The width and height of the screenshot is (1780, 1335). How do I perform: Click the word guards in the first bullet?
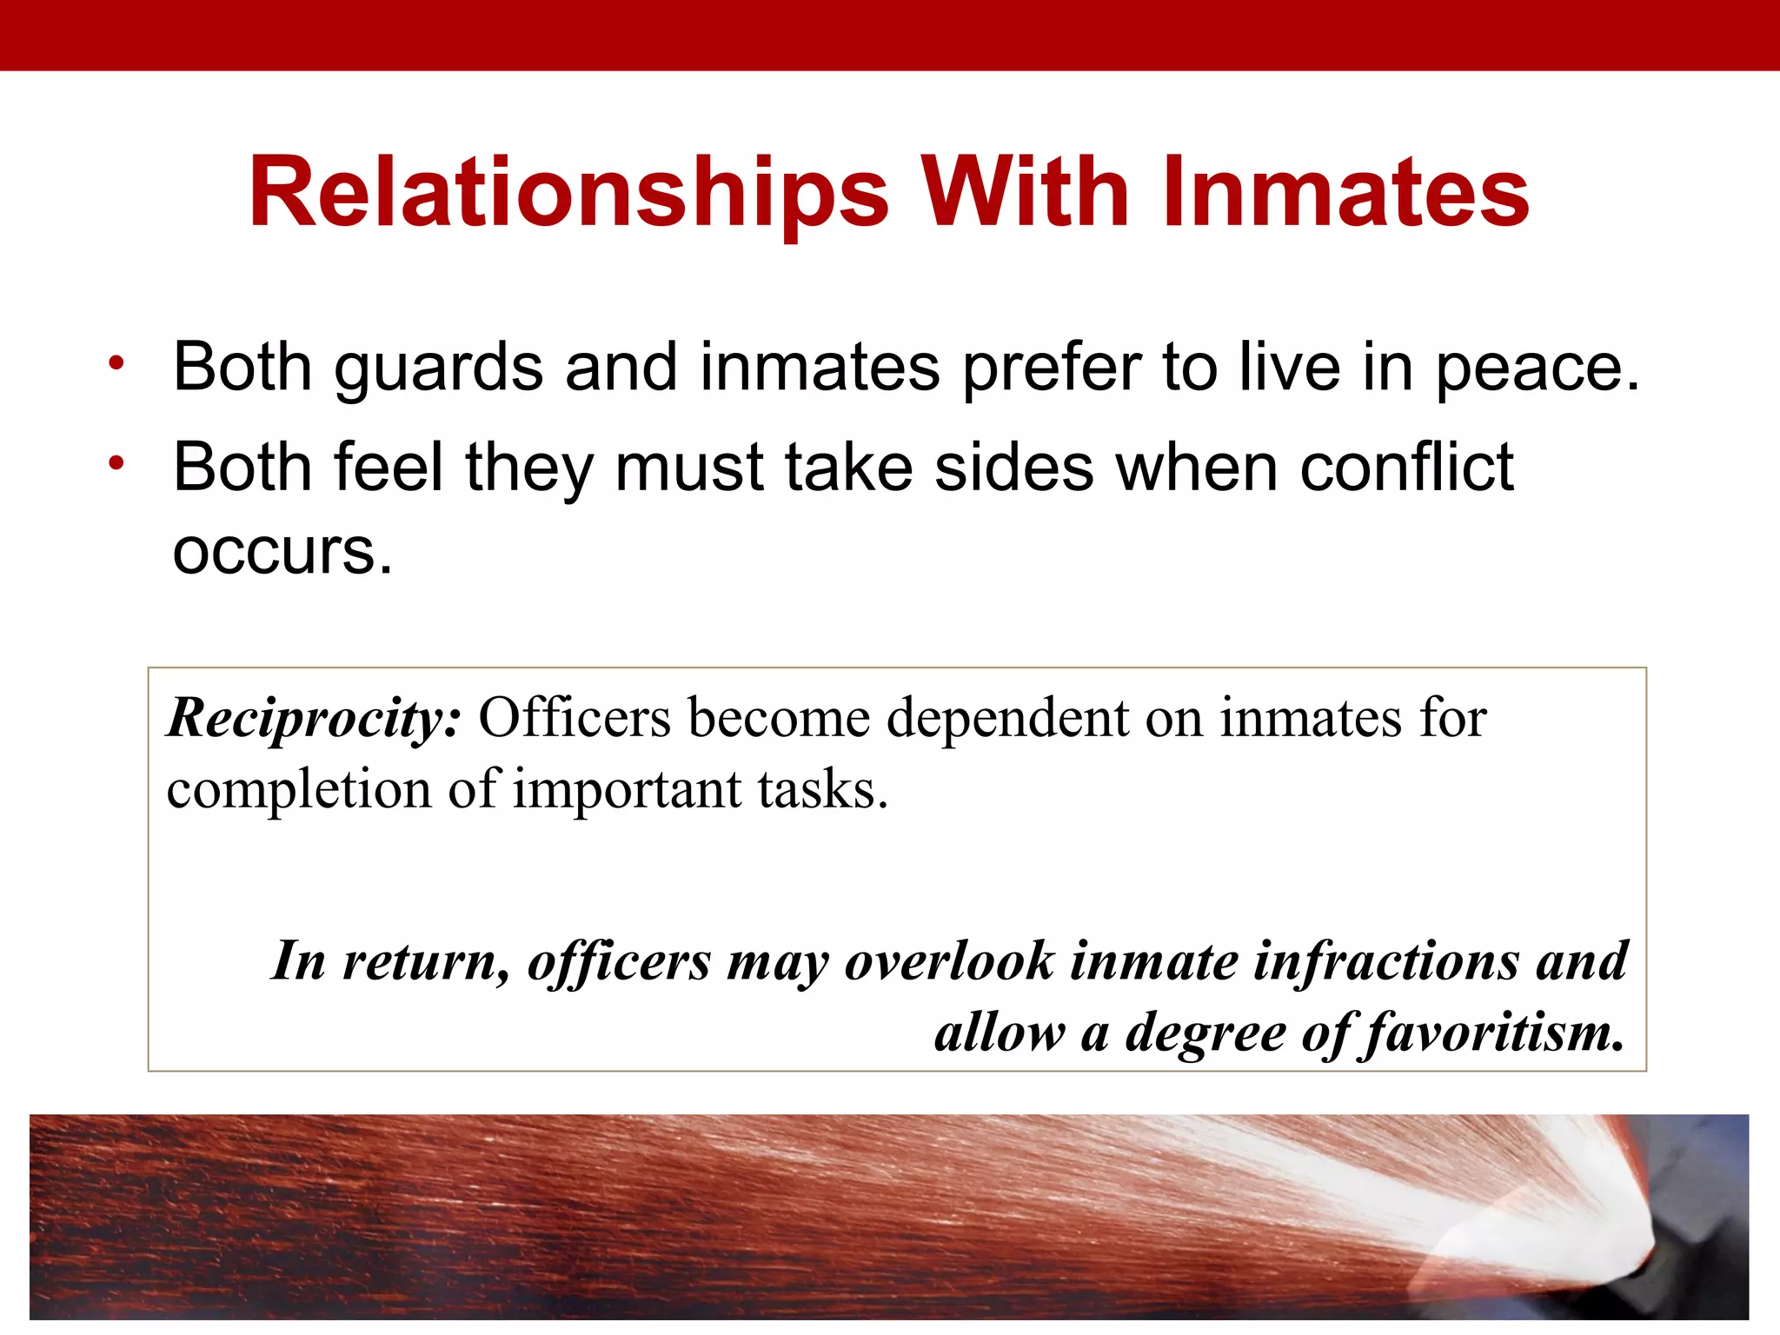pos(439,369)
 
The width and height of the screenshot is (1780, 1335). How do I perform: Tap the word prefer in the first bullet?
pos(1051,369)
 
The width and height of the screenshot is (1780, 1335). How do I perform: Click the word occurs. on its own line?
pos(282,552)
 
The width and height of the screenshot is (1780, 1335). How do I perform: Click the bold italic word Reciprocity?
pos(314,720)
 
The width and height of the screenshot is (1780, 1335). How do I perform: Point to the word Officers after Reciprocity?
pos(575,718)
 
